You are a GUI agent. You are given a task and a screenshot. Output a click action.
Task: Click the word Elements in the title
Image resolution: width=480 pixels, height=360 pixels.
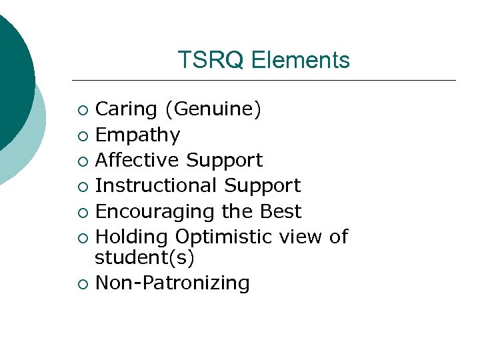[x=301, y=60]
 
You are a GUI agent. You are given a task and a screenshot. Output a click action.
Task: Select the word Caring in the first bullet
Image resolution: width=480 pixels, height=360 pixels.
[x=127, y=110]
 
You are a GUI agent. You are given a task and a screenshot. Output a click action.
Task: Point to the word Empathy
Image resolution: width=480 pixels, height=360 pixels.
[x=138, y=135]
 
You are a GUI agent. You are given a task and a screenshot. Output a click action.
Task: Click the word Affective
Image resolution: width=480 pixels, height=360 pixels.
[x=138, y=161]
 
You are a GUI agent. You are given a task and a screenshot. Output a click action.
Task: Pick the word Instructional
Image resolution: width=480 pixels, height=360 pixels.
[x=157, y=186]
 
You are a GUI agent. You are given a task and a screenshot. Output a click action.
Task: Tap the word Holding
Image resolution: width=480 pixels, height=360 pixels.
[x=132, y=237]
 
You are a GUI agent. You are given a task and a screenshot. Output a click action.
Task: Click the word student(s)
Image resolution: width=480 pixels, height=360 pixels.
[x=145, y=257]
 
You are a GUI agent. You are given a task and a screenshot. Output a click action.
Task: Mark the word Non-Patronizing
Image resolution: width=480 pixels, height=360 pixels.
[x=173, y=283]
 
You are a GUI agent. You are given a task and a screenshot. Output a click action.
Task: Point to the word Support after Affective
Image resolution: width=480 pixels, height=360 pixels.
[x=225, y=161]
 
